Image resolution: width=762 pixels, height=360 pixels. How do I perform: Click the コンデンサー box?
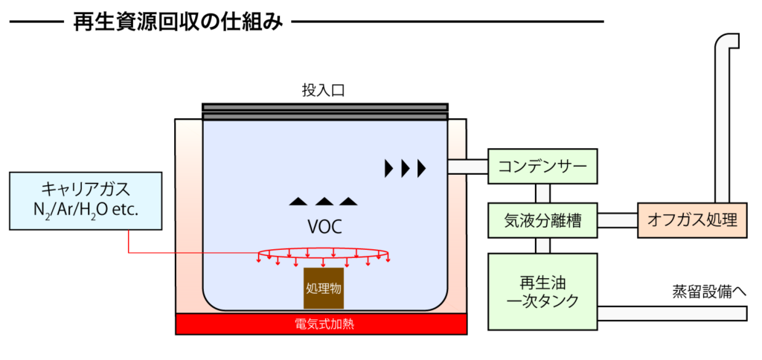(x=542, y=165)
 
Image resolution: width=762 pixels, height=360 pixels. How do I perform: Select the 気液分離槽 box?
(x=542, y=221)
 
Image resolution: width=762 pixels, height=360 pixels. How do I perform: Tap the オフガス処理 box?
(x=692, y=221)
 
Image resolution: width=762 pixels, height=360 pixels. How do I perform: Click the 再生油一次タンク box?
(x=542, y=292)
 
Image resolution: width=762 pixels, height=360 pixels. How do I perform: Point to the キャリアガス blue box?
(x=86, y=201)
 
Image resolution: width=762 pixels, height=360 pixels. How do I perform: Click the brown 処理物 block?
(x=323, y=288)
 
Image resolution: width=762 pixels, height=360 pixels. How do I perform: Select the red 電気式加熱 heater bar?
(x=321, y=324)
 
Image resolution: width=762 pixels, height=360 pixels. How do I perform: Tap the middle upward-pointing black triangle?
(x=324, y=201)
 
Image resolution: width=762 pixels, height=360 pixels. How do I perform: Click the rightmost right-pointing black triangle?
(x=422, y=168)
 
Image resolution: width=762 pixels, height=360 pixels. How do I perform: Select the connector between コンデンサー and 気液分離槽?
(x=542, y=193)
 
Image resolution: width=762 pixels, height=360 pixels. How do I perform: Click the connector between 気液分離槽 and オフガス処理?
(x=618, y=221)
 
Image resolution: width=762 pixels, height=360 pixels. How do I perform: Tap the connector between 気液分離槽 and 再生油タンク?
(x=542, y=245)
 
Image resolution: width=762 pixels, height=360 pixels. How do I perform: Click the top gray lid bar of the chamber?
(x=324, y=107)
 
